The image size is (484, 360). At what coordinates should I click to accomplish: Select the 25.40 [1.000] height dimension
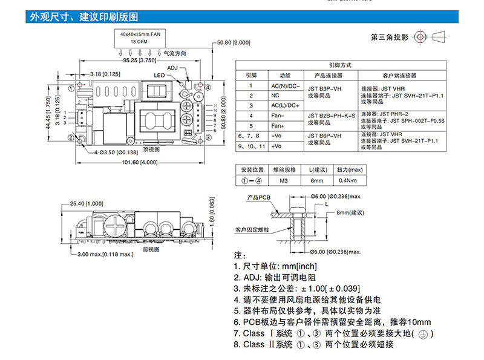(x=87, y=203)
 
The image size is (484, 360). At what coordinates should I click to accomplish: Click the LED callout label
(x=159, y=76)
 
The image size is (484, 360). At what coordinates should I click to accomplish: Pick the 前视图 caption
(x=151, y=249)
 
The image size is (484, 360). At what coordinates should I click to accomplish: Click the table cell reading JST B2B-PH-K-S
(x=329, y=114)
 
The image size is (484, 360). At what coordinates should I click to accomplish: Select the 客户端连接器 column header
(x=400, y=76)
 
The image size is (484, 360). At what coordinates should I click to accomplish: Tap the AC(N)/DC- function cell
(x=285, y=87)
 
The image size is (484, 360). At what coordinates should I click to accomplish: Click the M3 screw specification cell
(x=284, y=181)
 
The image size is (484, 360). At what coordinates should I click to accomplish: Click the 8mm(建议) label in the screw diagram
(x=350, y=212)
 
